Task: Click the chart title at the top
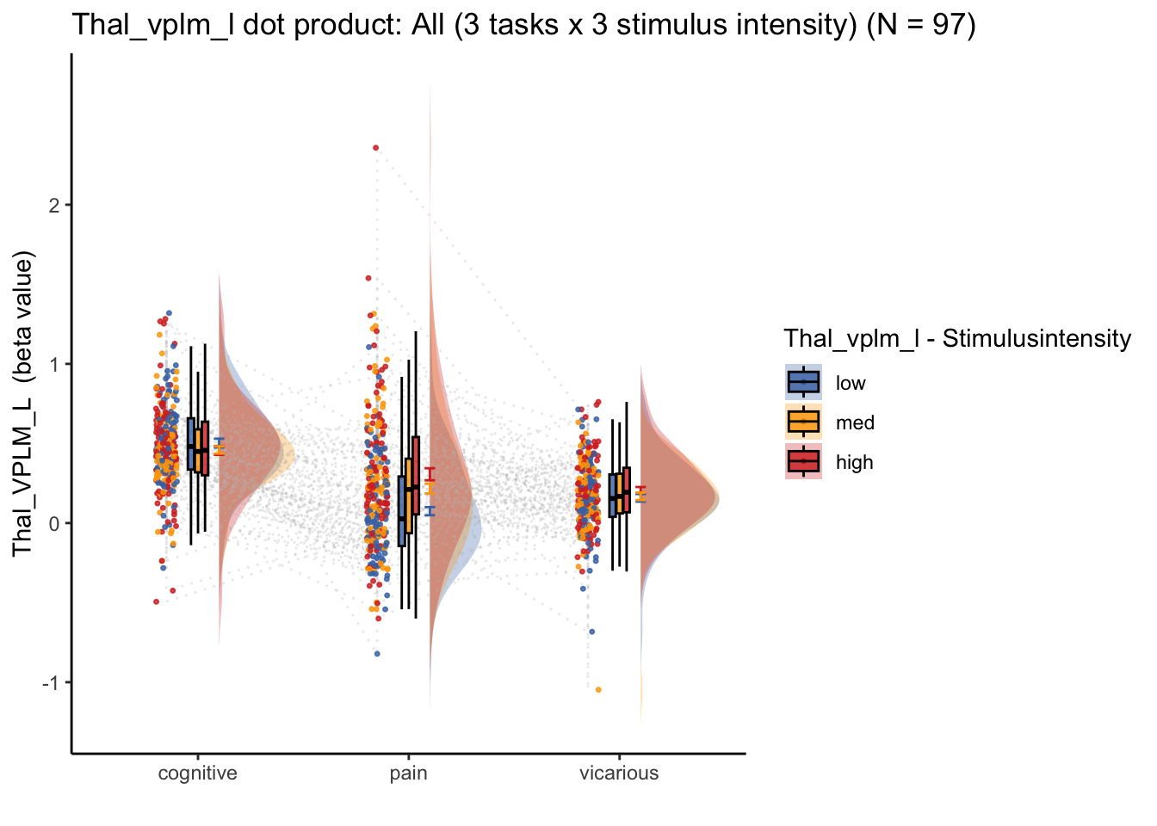(x=523, y=25)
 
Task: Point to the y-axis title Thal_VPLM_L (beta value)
(x=22, y=404)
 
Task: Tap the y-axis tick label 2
(x=53, y=206)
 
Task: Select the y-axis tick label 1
(x=53, y=365)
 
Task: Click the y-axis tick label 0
(x=53, y=524)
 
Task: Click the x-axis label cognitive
(x=198, y=774)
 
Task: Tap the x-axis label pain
(x=409, y=774)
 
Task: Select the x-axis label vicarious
(x=619, y=774)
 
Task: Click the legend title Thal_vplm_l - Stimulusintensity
(x=957, y=339)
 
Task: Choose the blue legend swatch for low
(x=803, y=383)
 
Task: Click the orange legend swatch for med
(x=803, y=422)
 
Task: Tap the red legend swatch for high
(x=803, y=461)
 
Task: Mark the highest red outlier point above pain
(x=376, y=148)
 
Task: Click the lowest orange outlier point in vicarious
(x=598, y=690)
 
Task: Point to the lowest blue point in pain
(x=377, y=654)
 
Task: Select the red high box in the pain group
(x=416, y=475)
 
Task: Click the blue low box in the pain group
(x=401, y=511)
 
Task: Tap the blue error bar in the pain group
(x=430, y=511)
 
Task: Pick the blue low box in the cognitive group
(x=191, y=444)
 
